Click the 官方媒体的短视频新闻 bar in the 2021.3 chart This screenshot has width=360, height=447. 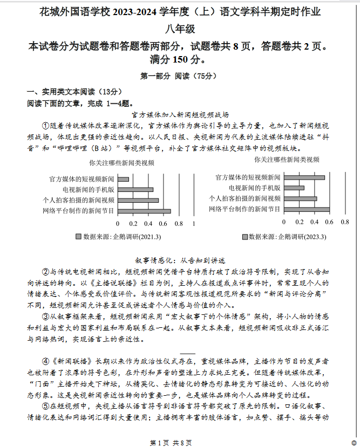coord(123,179)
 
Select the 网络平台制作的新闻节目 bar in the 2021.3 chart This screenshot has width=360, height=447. coord(144,211)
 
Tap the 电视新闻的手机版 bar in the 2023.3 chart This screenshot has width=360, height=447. coord(294,188)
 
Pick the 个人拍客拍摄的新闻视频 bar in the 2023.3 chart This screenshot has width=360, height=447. coord(300,198)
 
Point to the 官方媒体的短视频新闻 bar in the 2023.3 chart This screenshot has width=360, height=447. coord(304,177)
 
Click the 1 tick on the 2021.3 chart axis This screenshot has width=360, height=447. coord(193,223)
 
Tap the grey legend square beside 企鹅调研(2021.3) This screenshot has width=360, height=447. coord(79,236)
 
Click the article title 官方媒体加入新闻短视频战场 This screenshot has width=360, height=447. coord(180,114)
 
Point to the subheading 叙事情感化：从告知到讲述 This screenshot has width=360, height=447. coord(180,260)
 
